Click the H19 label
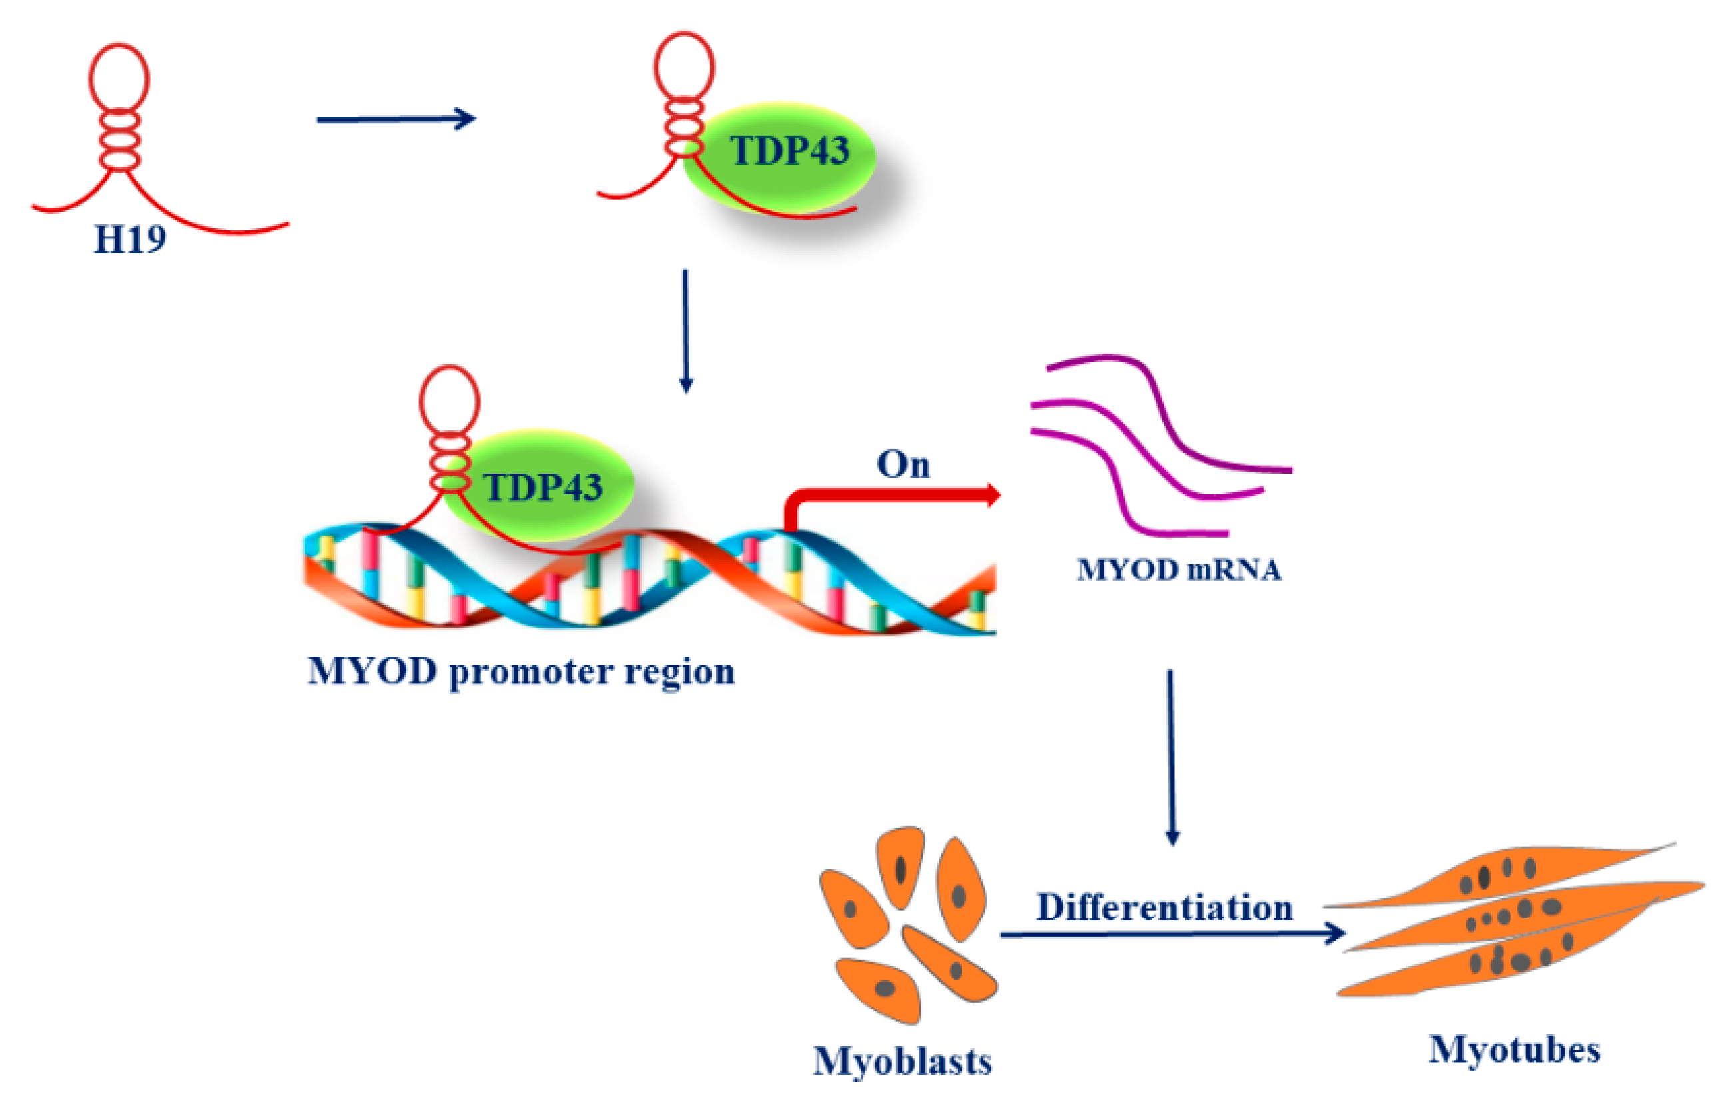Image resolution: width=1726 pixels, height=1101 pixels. [x=130, y=239]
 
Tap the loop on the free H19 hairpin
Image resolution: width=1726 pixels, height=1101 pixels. [x=119, y=77]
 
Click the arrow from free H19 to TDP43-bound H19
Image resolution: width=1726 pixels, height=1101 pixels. [x=396, y=119]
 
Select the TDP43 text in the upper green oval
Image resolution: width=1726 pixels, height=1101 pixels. [x=789, y=151]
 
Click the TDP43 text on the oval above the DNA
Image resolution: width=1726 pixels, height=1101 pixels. [x=543, y=488]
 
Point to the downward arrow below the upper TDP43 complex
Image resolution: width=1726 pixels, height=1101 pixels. [x=686, y=330]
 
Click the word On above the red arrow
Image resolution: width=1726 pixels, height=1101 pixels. [x=903, y=464]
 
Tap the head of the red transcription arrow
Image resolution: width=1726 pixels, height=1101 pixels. [x=992, y=495]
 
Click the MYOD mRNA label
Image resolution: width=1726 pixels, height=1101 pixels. [x=1178, y=571]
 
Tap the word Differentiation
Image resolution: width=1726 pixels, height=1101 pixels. [x=1164, y=907]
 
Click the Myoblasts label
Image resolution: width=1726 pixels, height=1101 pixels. [x=903, y=1062]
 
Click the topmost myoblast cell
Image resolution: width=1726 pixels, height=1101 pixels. [x=901, y=866]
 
